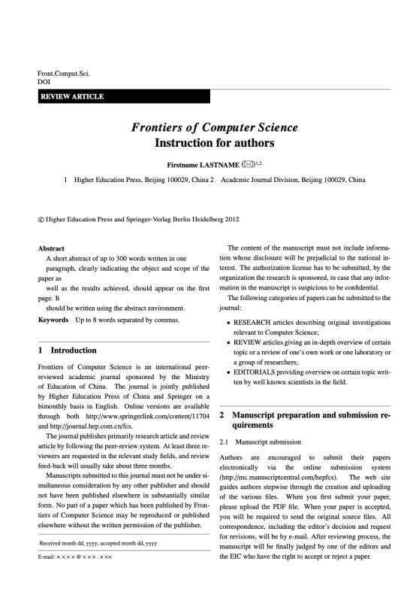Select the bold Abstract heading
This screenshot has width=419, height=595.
pyautogui.click(x=51, y=248)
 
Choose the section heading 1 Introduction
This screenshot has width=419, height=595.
pyautogui.click(x=68, y=351)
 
